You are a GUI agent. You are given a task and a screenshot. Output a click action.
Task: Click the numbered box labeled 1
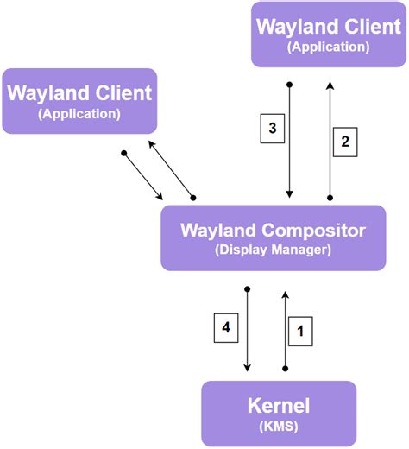tap(299, 329)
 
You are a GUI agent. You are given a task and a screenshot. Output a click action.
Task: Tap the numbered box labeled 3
tap(272, 130)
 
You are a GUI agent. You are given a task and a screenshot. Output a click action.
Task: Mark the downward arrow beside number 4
tap(248, 329)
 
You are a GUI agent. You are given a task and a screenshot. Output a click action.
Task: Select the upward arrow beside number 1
tap(284, 329)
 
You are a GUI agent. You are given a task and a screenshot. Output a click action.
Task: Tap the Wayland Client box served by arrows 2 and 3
tap(329, 35)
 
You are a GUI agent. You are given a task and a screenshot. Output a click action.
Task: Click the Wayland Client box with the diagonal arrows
tap(79, 101)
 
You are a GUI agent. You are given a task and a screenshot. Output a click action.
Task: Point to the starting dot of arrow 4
tap(248, 288)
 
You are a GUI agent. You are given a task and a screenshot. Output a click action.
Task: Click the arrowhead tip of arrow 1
tap(284, 291)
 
